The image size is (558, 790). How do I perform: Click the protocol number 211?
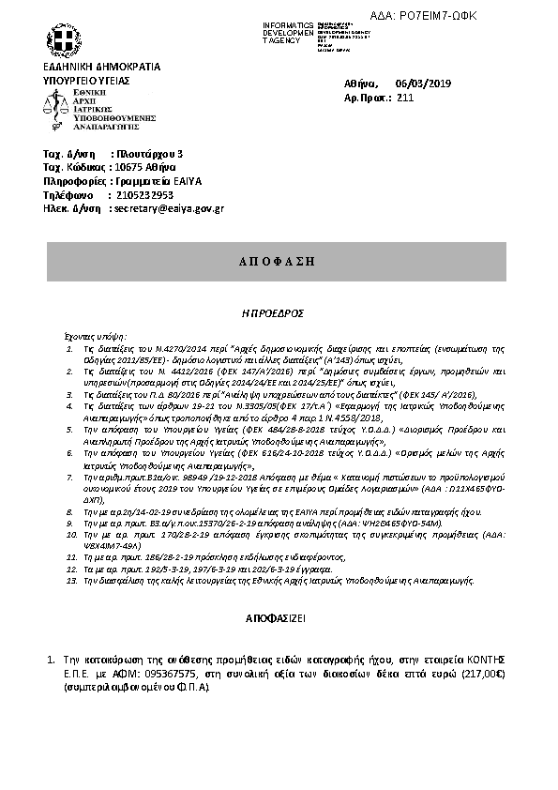point(405,98)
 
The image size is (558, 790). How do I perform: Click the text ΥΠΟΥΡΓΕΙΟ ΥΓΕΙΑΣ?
point(86,81)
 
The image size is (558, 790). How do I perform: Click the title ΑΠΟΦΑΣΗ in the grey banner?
point(279,259)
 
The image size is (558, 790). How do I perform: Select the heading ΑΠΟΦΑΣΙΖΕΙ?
point(278,620)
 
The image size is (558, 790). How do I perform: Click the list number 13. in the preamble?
point(72,581)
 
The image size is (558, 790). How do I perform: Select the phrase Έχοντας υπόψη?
point(95,334)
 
